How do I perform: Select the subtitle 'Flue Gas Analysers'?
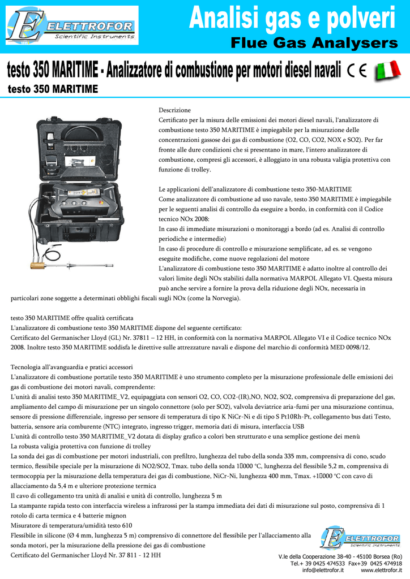314,44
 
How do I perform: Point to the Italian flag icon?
387,72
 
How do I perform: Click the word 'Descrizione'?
174,110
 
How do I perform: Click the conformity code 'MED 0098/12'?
349,347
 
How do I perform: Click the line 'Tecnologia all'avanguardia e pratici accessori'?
72,366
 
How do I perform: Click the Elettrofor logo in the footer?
360,538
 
